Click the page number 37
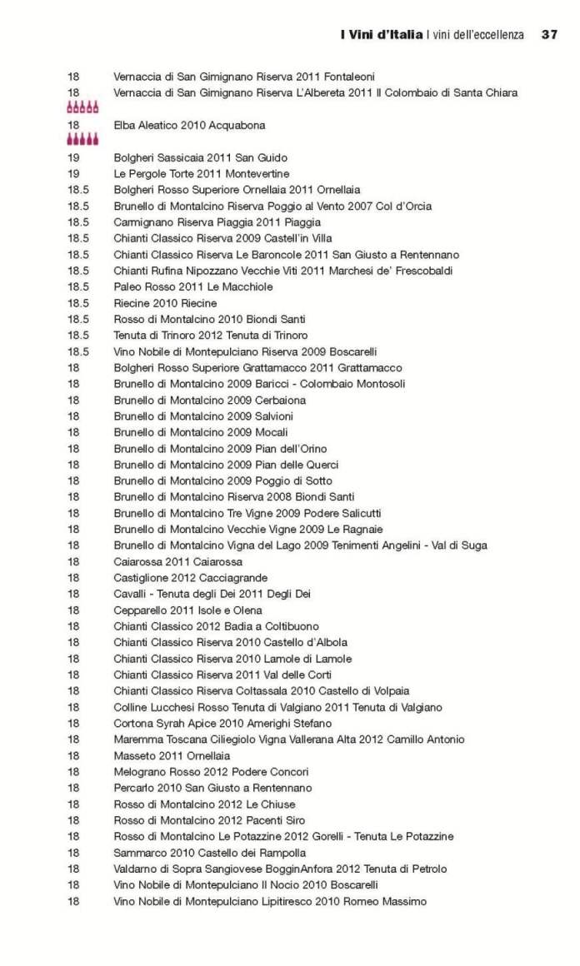548,35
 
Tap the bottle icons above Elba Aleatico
82,107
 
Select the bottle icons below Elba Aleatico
82,140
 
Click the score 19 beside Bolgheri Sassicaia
73,157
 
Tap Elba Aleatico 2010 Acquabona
189,126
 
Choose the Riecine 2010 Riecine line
165,303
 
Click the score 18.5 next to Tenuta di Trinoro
78,336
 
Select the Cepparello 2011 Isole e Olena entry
187,610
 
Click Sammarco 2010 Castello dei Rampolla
209,853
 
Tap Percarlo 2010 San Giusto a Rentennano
212,788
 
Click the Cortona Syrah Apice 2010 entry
222,724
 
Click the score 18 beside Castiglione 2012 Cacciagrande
73,578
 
